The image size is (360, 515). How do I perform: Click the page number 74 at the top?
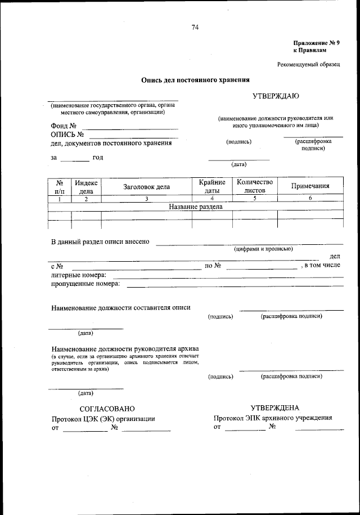point(195,28)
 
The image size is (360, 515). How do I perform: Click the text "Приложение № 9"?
point(317,43)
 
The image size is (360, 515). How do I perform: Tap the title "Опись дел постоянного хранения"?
point(195,80)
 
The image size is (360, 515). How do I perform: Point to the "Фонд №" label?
point(63,126)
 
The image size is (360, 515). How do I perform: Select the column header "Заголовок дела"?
point(146,187)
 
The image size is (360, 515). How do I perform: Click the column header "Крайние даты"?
point(212,186)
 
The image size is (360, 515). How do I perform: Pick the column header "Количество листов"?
point(255,186)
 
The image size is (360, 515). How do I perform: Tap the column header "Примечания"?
point(310,186)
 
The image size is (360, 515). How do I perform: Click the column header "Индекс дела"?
point(86,186)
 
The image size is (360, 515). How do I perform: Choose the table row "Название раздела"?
point(196,207)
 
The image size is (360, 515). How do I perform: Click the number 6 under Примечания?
point(310,199)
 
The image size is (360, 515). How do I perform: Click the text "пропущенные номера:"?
point(85,284)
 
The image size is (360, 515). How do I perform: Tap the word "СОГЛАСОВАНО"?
point(107,409)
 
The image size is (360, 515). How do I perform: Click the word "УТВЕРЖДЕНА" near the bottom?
point(275,407)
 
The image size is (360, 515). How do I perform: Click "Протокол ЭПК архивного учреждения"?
point(273,418)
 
